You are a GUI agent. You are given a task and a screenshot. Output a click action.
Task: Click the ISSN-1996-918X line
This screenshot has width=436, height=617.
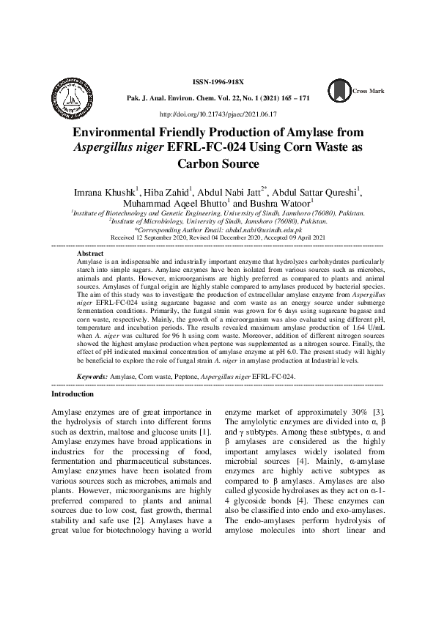click(218, 84)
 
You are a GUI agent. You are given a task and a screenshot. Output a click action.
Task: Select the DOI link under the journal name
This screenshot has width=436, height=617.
click(218, 114)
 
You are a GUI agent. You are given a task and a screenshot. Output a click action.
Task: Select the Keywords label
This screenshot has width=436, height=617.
click(92, 375)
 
